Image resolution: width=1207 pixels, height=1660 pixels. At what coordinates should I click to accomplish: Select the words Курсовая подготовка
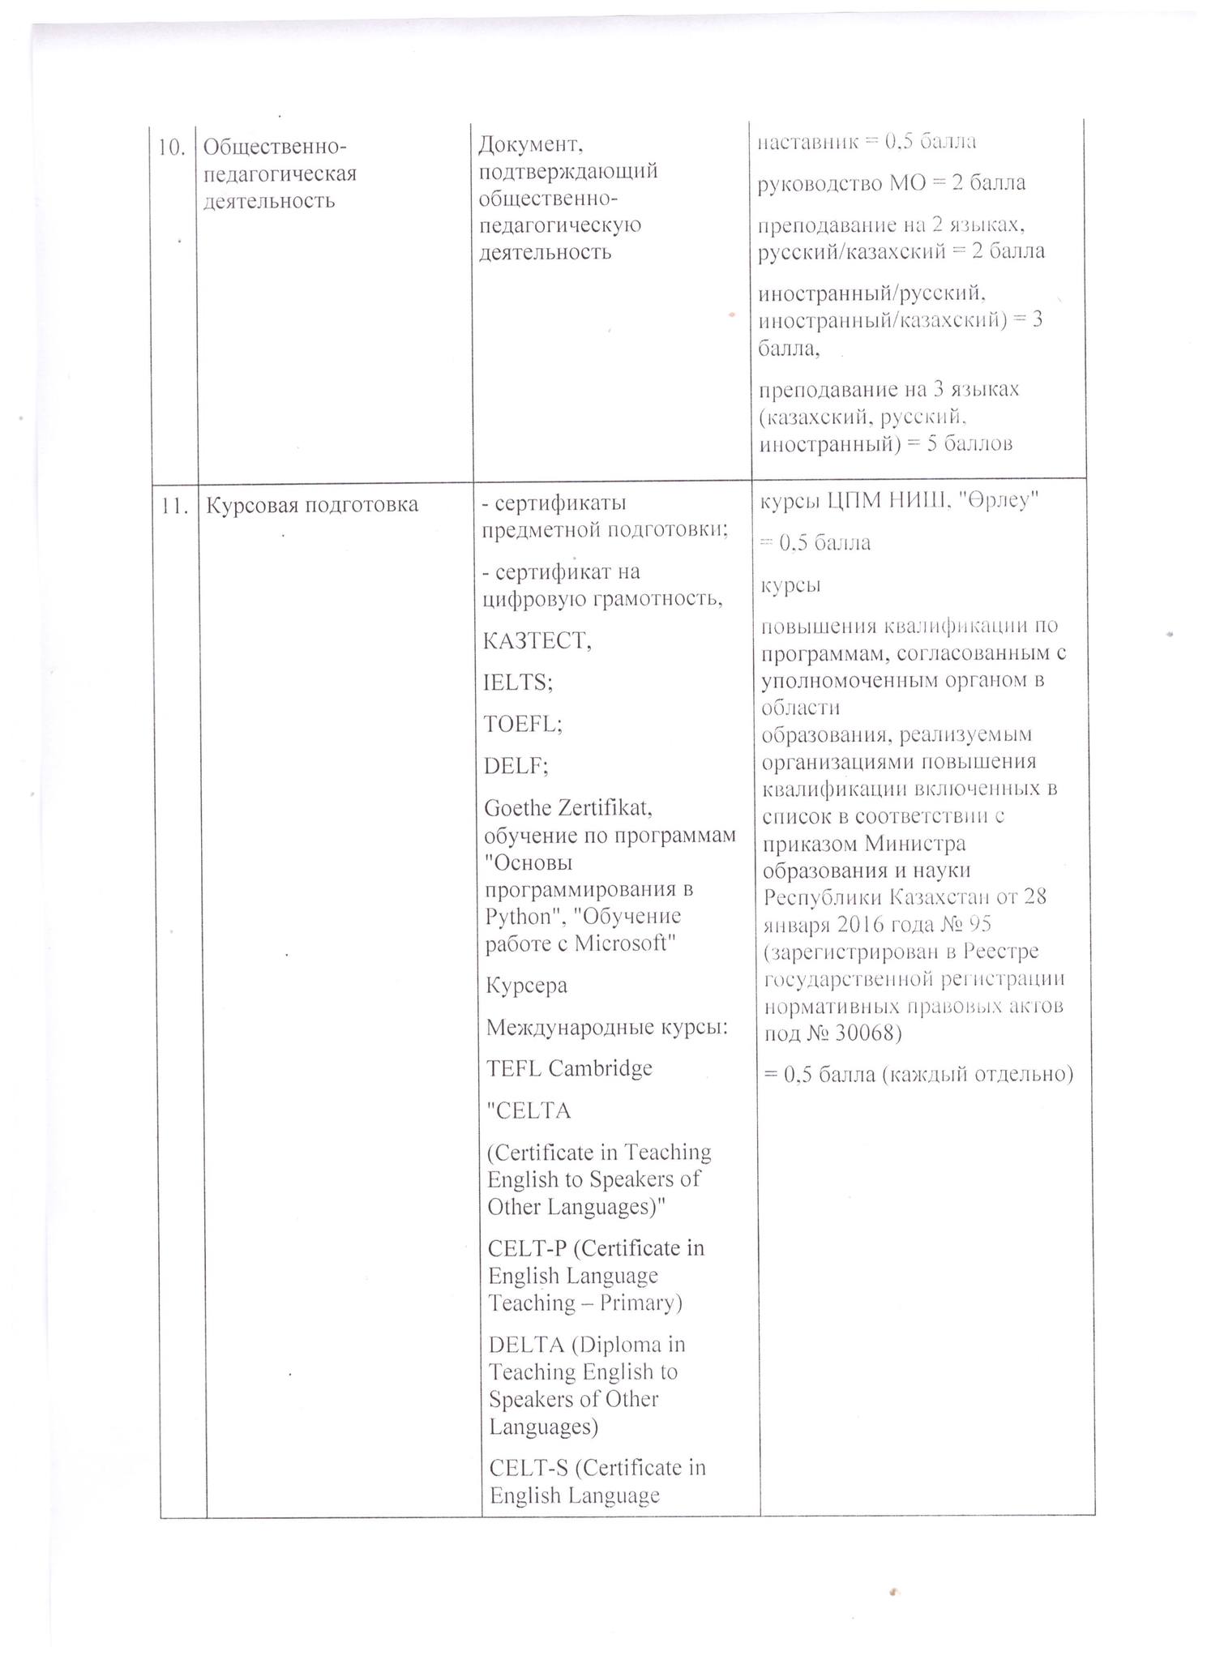[311, 505]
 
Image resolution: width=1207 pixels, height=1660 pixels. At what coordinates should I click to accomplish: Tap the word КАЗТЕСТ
[537, 640]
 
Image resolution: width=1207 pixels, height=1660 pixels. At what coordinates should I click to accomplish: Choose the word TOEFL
[521, 723]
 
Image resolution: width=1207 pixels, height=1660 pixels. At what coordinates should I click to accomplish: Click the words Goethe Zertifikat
[569, 808]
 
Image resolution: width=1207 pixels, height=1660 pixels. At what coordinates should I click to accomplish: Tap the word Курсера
[526, 986]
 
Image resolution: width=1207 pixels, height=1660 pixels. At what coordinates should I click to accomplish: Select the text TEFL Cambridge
[569, 1068]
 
